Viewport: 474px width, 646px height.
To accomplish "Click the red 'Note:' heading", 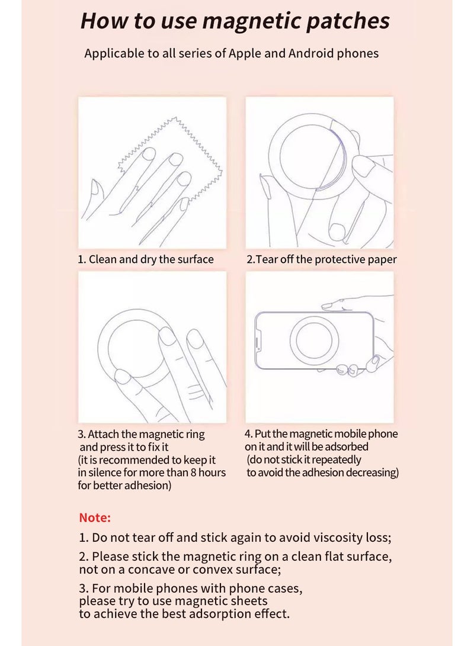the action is [95, 518].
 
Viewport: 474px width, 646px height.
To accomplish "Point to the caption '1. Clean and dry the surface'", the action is [146, 259].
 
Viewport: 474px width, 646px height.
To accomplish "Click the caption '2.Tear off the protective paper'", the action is [322, 259].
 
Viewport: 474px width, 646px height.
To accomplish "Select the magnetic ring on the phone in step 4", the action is [314, 340].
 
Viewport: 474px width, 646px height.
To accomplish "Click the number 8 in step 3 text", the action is [193, 472].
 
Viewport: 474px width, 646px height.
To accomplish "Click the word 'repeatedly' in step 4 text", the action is [337, 460].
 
